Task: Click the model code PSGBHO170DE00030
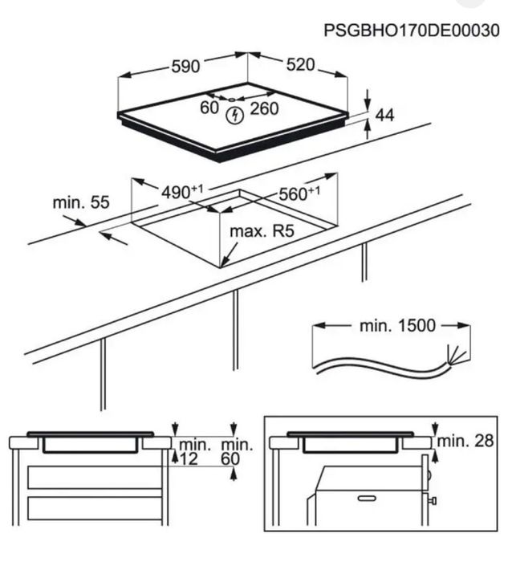pyautogui.click(x=411, y=31)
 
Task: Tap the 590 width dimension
pyautogui.click(x=185, y=67)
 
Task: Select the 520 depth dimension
pyautogui.click(x=301, y=64)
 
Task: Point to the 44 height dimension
pyautogui.click(x=384, y=116)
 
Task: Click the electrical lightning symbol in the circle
pyautogui.click(x=235, y=116)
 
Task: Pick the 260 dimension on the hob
pyautogui.click(x=264, y=108)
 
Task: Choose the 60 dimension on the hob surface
pyautogui.click(x=209, y=108)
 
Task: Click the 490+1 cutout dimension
pyautogui.click(x=182, y=192)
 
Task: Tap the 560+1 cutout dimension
pyautogui.click(x=299, y=193)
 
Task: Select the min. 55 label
pyautogui.click(x=81, y=202)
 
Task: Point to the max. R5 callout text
pyautogui.click(x=262, y=231)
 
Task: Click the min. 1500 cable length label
pyautogui.click(x=398, y=325)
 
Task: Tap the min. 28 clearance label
pyautogui.click(x=465, y=441)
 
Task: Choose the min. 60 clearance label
pyautogui.click(x=237, y=452)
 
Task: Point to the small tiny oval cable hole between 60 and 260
pyautogui.click(x=232, y=100)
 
